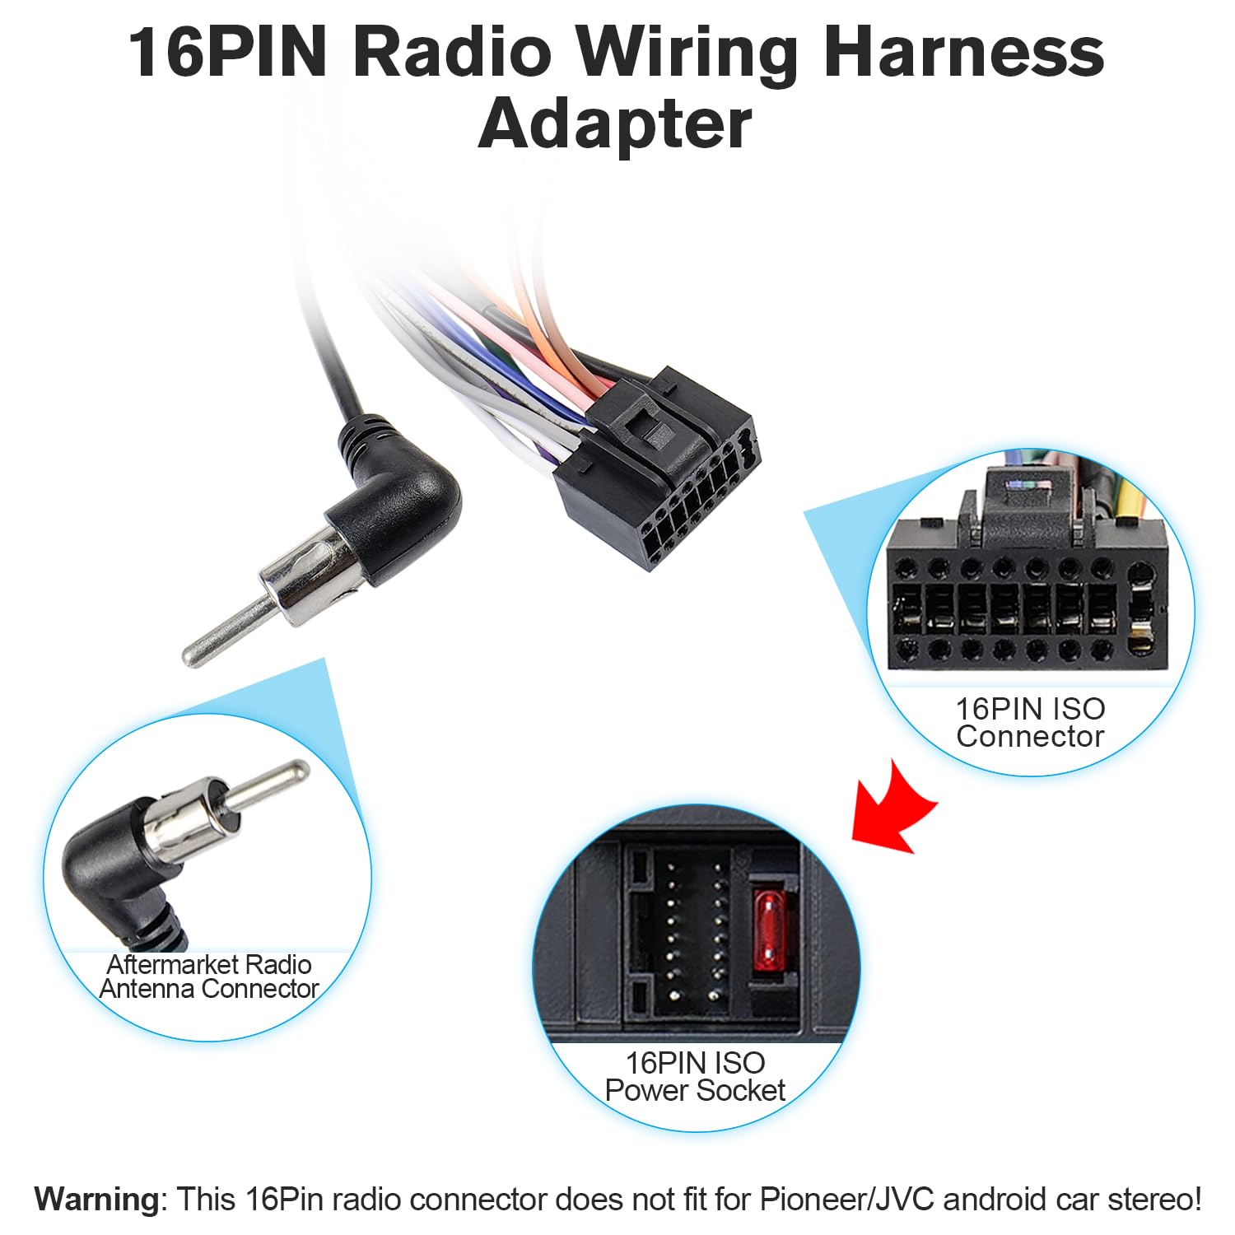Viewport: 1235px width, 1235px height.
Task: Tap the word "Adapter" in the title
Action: (x=615, y=124)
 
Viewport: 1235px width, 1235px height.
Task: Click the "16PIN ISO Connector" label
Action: (x=1030, y=722)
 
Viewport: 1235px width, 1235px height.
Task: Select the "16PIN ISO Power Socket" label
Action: (x=695, y=1076)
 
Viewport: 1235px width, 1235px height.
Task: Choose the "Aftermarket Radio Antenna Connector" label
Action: (x=209, y=976)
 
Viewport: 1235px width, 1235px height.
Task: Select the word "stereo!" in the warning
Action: (x=1152, y=1199)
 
